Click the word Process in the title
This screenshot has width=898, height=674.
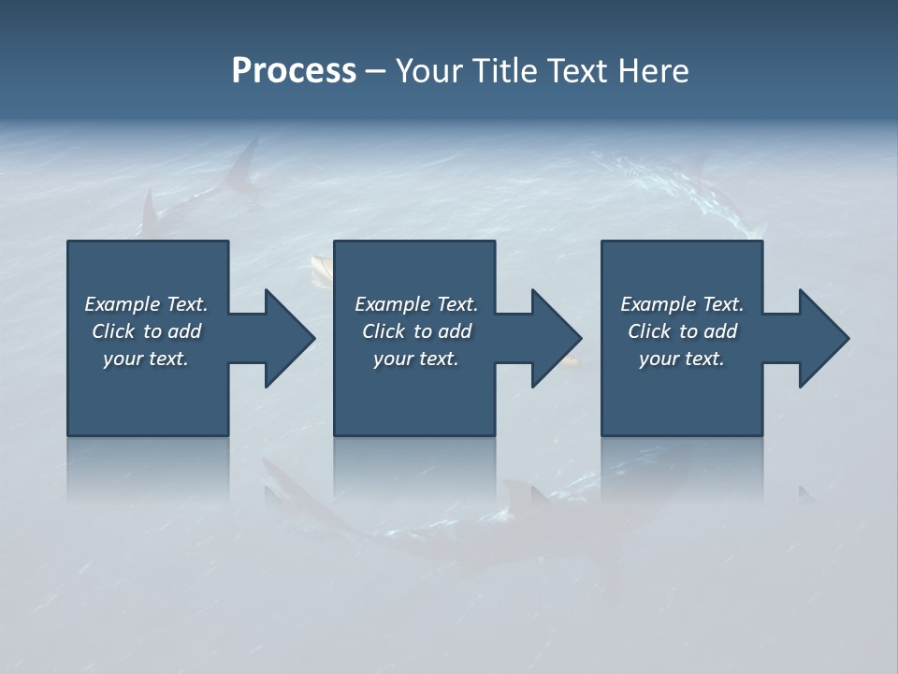pyautogui.click(x=294, y=71)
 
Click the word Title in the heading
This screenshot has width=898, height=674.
pyautogui.click(x=502, y=71)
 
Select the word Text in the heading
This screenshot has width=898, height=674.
pyautogui.click(x=577, y=71)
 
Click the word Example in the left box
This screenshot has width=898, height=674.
pyautogui.click(x=122, y=304)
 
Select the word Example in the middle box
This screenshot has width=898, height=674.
pyautogui.click(x=392, y=304)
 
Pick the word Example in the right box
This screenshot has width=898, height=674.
pyautogui.click(x=658, y=304)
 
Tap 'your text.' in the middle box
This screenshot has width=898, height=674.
pyautogui.click(x=415, y=359)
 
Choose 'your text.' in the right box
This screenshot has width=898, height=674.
pyautogui.click(x=681, y=359)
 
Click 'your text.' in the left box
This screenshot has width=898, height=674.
pyautogui.click(x=146, y=359)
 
